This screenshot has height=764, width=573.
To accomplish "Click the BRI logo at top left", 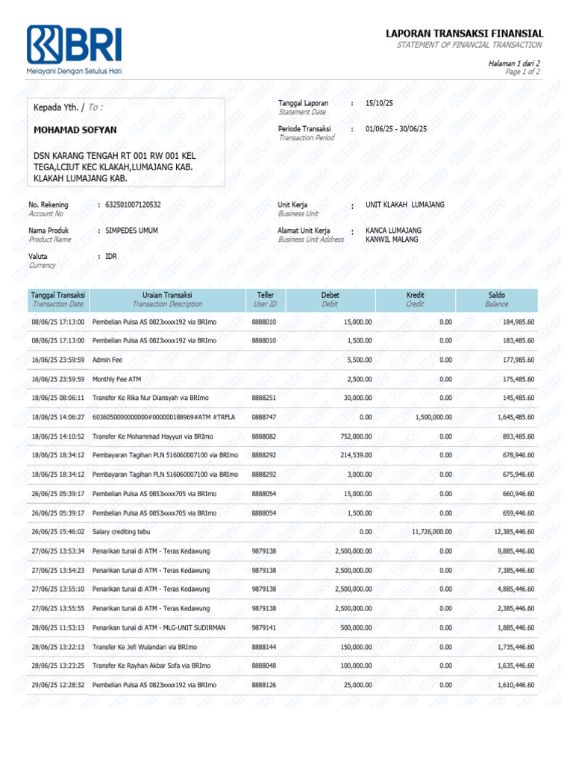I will (x=74, y=46).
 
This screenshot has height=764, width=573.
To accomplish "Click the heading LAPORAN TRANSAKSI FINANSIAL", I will (x=464, y=34).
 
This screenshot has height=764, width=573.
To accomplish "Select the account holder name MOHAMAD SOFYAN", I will (x=75, y=130).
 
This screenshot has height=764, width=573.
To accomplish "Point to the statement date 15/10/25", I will (x=379, y=103).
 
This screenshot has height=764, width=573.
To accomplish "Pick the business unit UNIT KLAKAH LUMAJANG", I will (x=404, y=204).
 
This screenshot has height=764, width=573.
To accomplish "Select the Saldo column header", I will (x=496, y=295).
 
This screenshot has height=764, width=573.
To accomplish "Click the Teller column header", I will (x=265, y=295).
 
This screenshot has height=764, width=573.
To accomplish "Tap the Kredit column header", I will (x=415, y=295).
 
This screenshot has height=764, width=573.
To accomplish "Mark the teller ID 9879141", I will (x=264, y=627).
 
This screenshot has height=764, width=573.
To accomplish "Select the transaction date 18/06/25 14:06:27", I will (x=58, y=417).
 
